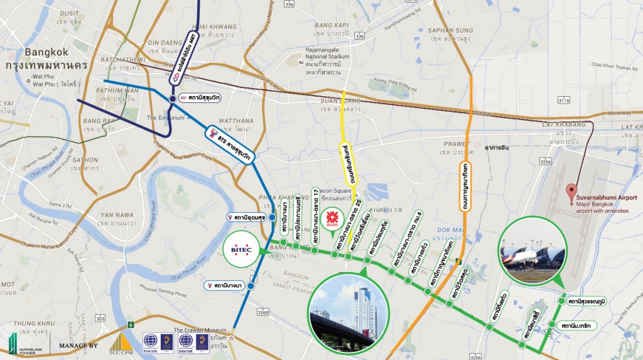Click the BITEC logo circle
tap(243, 251)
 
